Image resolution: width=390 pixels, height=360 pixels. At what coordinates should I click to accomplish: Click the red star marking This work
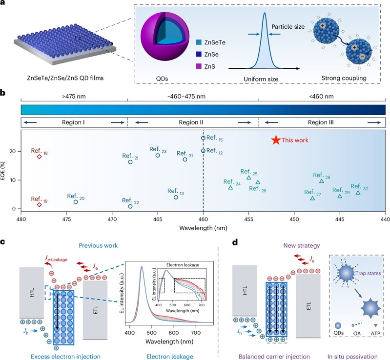click(276, 140)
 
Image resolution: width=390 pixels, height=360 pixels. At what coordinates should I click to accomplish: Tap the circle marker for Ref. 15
click(203, 138)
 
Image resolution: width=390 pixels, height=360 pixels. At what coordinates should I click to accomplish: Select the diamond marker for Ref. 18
click(39, 157)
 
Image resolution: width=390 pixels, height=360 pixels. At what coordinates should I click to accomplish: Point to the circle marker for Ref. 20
click(76, 202)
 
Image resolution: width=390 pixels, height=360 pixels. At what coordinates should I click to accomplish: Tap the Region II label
click(193, 121)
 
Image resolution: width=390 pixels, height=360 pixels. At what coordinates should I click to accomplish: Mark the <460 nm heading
click(322, 97)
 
